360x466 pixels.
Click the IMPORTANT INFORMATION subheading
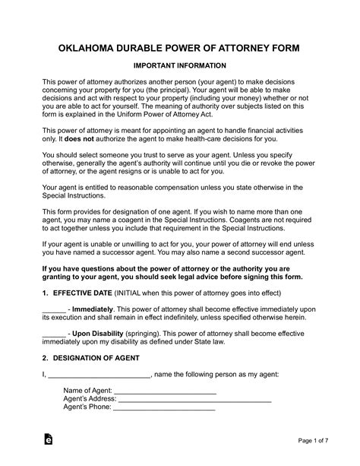pos(180,66)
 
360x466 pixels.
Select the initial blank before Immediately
pos(53,310)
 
